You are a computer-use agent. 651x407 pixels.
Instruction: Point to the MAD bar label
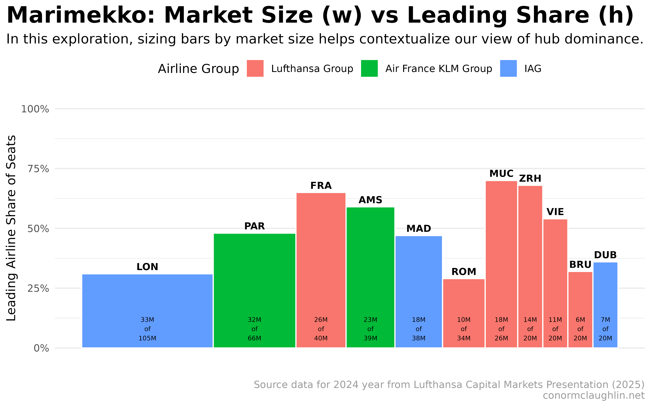click(419, 229)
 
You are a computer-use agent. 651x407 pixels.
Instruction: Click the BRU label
click(580, 265)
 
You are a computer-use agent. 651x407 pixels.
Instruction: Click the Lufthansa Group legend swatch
click(255, 68)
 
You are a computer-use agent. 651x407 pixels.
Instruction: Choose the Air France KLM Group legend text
click(438, 69)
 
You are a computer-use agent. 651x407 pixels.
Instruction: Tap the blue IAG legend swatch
click(508, 68)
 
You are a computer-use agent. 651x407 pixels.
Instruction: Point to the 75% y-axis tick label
click(38, 169)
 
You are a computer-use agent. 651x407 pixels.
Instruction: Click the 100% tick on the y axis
click(35, 109)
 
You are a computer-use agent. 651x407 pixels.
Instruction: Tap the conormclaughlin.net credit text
click(593, 395)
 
